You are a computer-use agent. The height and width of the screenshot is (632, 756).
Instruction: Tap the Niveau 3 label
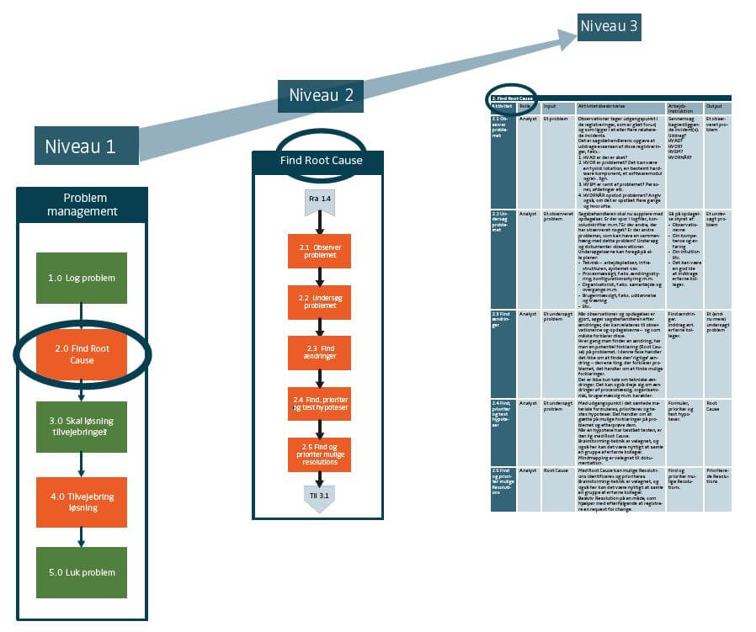click(x=610, y=27)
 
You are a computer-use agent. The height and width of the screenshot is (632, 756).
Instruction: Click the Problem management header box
click(x=82, y=204)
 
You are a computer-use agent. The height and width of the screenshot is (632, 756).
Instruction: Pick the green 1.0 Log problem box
click(x=82, y=278)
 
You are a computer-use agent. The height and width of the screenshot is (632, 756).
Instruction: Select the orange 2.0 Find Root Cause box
click(x=82, y=353)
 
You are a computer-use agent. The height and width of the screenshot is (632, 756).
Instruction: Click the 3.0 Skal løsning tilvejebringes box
click(x=82, y=427)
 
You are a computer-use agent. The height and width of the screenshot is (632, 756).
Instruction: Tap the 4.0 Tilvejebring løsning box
click(x=82, y=502)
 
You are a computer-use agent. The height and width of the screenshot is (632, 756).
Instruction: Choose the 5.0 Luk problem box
click(x=82, y=572)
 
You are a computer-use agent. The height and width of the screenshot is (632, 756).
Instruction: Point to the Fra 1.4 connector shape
click(x=320, y=200)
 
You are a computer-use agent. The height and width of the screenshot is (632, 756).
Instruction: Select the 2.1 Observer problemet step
click(x=320, y=251)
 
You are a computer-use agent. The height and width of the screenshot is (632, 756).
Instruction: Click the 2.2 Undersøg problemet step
click(x=320, y=301)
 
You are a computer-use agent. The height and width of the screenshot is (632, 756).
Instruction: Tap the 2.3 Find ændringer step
click(x=320, y=353)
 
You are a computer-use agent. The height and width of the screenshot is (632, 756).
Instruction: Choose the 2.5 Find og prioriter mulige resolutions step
click(x=320, y=454)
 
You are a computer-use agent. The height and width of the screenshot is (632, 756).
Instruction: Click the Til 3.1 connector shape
click(x=320, y=497)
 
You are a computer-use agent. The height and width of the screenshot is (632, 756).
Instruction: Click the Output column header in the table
click(x=717, y=108)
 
